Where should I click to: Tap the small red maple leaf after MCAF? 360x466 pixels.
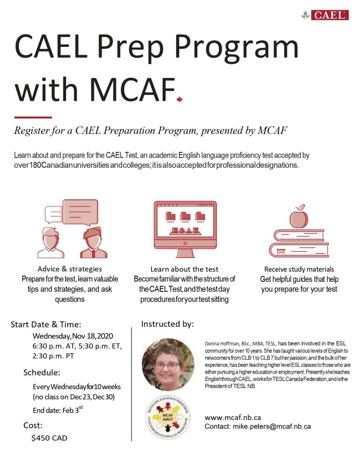click(179, 99)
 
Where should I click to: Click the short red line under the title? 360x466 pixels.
click(33, 117)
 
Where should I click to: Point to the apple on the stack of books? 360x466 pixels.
click(299, 218)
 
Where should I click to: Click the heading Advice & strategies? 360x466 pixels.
click(69, 269)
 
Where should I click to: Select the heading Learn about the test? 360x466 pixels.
click(184, 269)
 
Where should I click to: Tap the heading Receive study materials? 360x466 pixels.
click(299, 269)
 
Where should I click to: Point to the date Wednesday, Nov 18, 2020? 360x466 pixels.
click(73, 336)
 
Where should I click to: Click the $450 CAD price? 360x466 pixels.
click(49, 438)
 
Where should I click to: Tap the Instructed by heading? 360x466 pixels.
click(167, 324)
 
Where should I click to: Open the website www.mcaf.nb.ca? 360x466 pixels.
click(233, 417)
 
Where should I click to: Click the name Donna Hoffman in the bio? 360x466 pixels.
click(222, 344)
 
